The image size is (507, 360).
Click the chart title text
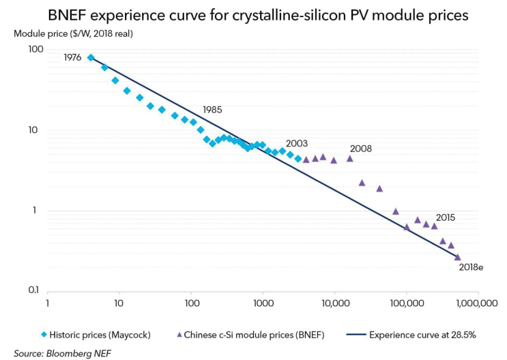tap(254, 15)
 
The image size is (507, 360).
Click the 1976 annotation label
tap(73, 58)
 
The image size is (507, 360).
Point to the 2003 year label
tap(297, 144)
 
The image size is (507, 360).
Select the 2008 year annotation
tap(360, 148)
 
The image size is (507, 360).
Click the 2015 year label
tap(444, 217)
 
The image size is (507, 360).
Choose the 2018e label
tap(471, 267)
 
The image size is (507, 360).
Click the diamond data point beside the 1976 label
tap(91, 58)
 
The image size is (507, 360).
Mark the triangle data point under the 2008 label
tap(350, 158)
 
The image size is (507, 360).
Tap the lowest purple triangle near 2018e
tap(457, 257)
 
